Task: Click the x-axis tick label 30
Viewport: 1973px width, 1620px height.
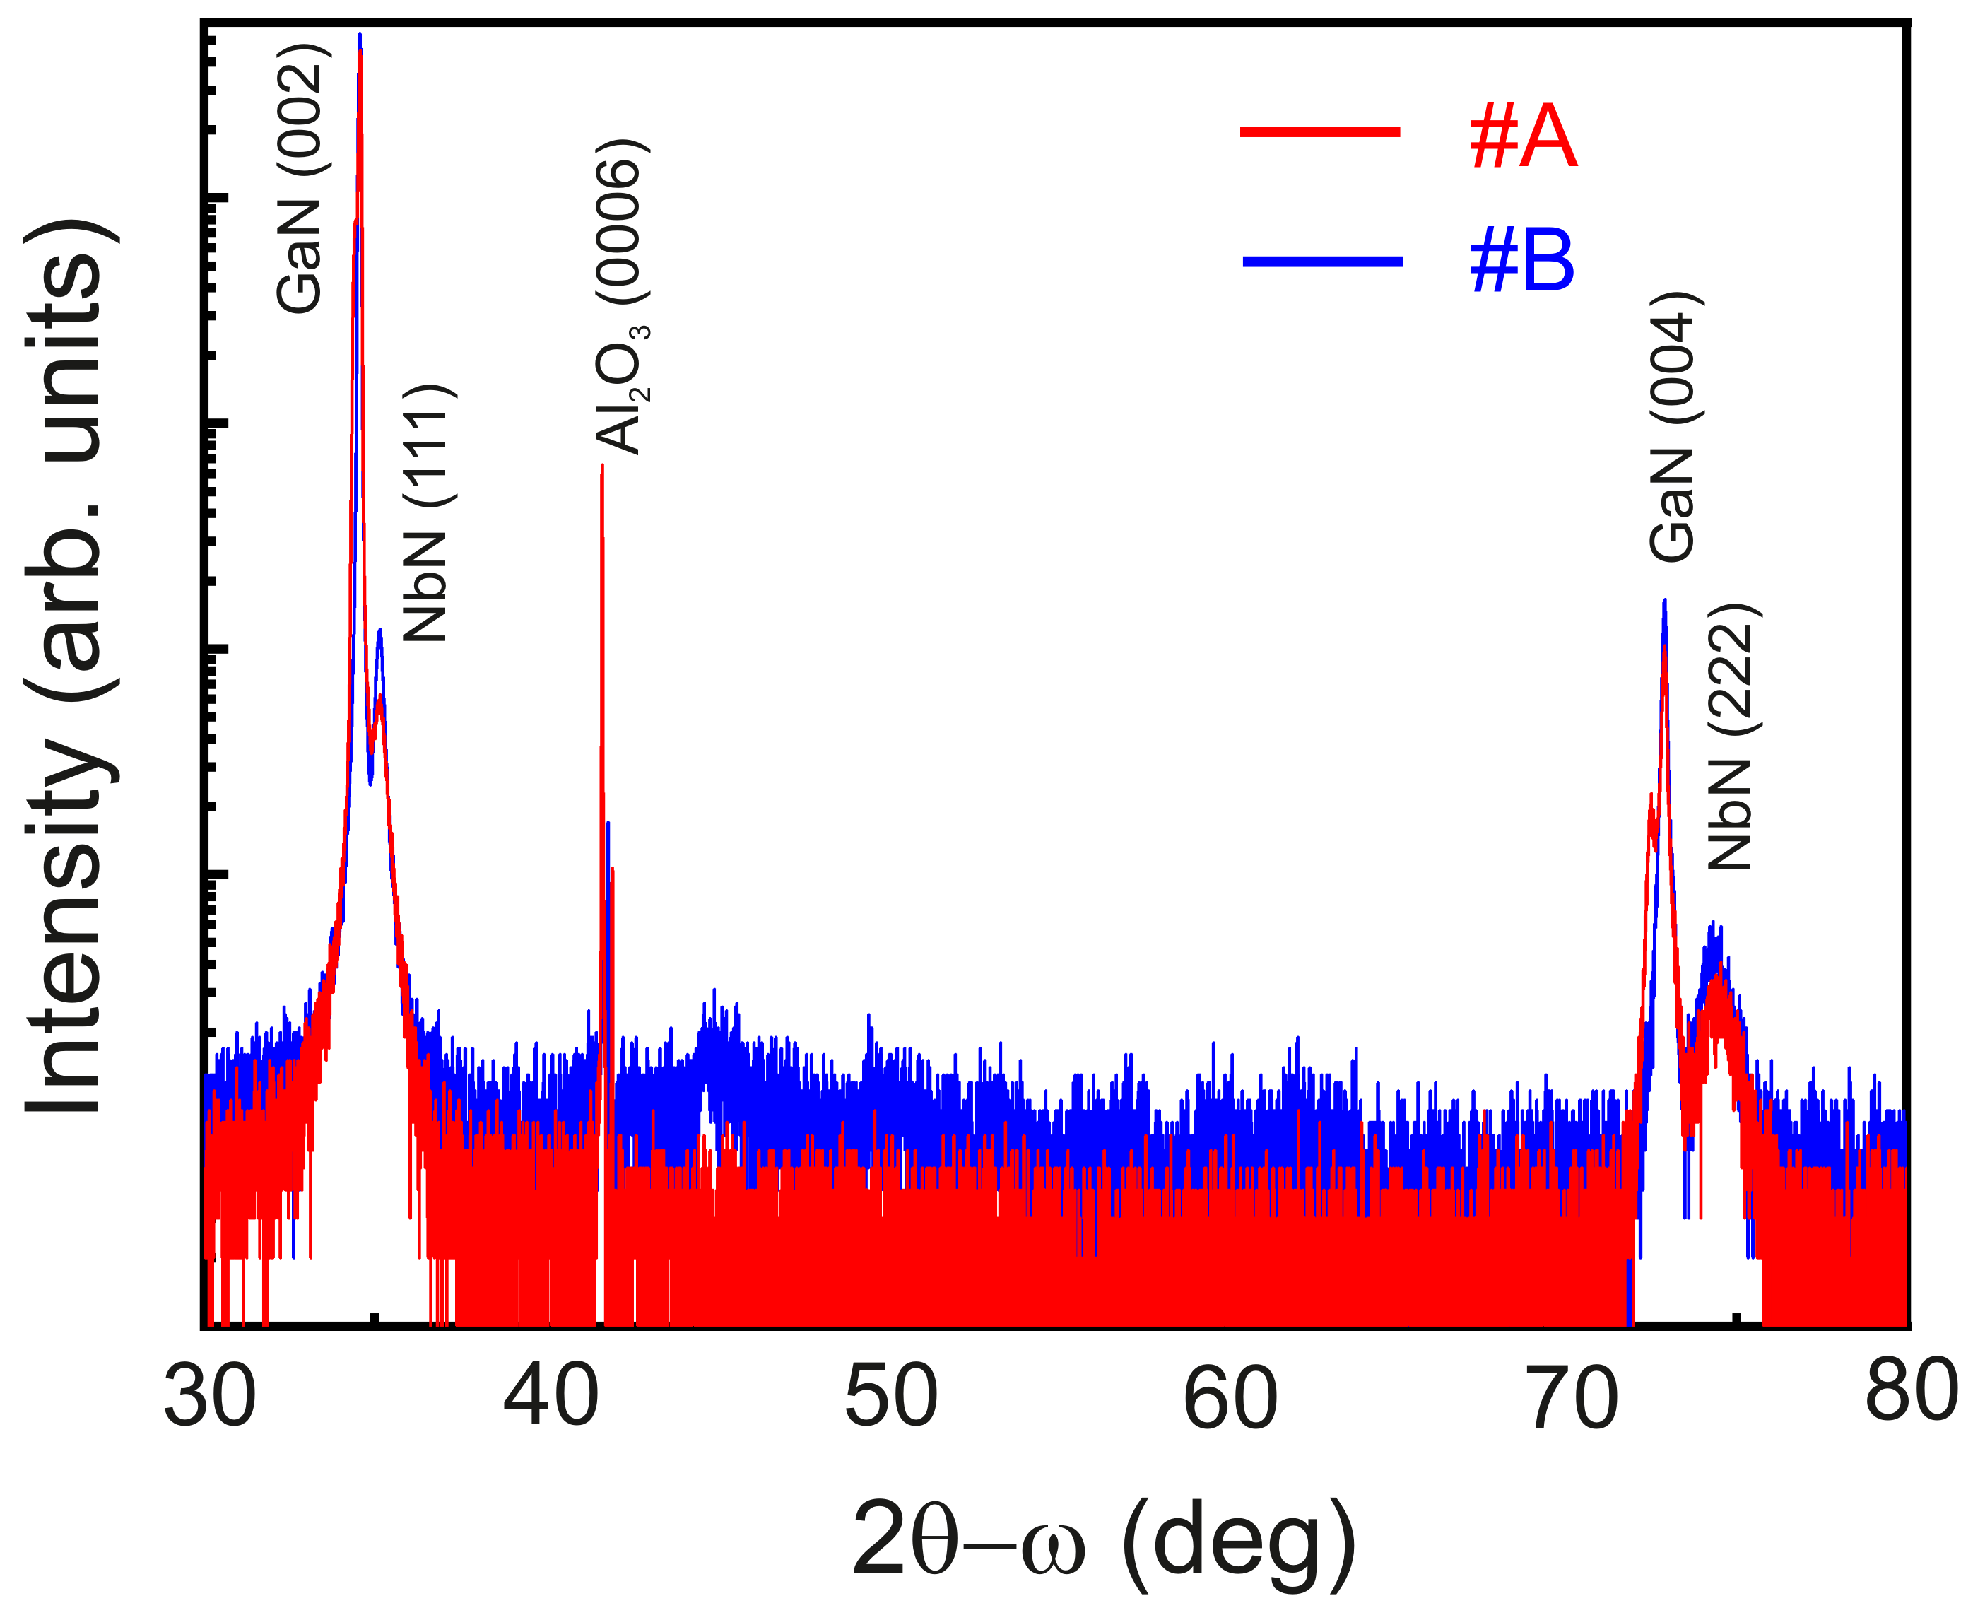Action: tap(209, 1397)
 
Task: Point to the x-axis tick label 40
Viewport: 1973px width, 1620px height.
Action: tap(550, 1397)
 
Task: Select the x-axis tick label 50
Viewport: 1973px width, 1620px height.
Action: tap(891, 1397)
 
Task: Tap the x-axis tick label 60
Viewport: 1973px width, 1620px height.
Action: tap(1230, 1397)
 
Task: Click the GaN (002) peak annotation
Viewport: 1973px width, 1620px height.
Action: tap(300, 177)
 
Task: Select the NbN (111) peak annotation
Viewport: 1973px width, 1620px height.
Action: tap(428, 512)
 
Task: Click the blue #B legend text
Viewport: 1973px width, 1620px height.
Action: tap(1521, 262)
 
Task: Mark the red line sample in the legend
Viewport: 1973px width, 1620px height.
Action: tap(1320, 132)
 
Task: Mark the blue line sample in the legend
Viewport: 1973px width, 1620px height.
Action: tap(1322, 260)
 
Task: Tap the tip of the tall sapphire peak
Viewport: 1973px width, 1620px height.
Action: tap(601, 466)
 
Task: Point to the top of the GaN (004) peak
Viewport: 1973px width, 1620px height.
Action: tap(1664, 602)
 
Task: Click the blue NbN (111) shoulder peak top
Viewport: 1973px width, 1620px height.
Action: tap(379, 631)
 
